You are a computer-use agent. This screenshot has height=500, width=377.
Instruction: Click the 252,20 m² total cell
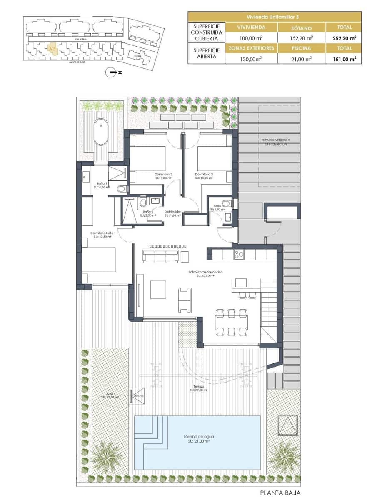tap(344, 38)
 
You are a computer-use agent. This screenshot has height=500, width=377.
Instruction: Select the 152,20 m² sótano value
tap(302, 38)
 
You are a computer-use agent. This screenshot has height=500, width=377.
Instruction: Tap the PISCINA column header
tap(302, 48)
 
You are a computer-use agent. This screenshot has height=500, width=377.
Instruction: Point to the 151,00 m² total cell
tap(344, 59)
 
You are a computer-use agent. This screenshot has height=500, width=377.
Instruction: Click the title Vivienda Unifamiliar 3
tap(275, 17)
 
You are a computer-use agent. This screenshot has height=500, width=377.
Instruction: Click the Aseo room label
tap(217, 206)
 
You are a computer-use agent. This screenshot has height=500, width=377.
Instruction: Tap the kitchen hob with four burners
tap(239, 254)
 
